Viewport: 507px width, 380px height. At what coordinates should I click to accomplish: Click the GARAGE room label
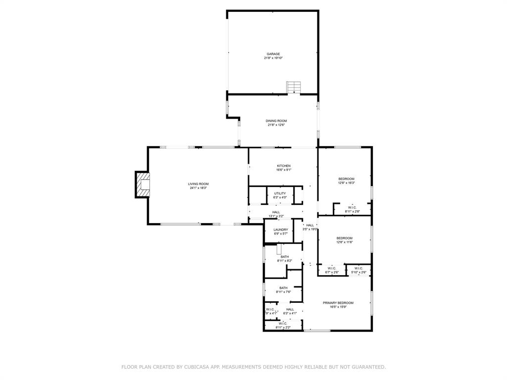273,54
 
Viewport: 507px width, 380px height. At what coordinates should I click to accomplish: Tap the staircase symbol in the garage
294,88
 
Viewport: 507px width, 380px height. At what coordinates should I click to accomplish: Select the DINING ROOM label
276,121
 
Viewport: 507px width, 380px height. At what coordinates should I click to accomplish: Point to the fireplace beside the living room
142,184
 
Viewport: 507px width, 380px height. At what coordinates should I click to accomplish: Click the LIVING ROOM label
198,184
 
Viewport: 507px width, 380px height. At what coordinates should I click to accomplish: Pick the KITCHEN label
284,166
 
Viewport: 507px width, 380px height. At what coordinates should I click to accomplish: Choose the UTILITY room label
280,193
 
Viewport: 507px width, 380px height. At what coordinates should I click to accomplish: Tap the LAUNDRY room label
281,230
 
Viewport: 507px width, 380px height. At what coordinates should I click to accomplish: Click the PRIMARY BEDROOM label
338,303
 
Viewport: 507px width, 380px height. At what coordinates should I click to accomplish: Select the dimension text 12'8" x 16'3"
346,183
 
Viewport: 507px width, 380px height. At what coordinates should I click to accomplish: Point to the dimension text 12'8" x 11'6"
345,242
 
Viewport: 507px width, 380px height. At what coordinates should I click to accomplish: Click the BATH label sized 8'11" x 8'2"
285,257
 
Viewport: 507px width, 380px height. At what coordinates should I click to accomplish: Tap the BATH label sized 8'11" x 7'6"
283,288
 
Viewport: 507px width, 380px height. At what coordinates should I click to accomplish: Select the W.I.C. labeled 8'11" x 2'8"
352,207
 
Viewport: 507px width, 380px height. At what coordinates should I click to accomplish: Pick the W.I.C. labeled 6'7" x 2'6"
332,269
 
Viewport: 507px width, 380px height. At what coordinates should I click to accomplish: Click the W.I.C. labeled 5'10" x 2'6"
359,269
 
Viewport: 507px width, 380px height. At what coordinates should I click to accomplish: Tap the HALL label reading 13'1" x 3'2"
276,212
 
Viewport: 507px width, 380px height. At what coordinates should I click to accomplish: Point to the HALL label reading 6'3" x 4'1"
290,309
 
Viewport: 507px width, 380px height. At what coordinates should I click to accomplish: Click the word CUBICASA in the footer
198,367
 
